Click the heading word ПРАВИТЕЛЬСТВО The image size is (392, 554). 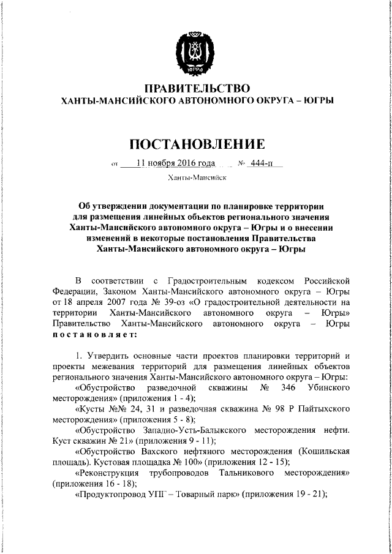coord(196,88)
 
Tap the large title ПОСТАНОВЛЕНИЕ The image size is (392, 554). coord(196,144)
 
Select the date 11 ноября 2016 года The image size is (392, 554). coord(176,163)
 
